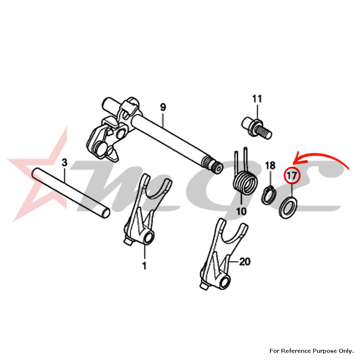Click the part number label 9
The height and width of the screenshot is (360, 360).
163,107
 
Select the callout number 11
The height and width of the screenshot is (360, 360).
257,99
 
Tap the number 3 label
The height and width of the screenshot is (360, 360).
64,163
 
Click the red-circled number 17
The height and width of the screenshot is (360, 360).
292,176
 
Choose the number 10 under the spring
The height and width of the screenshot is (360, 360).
241,211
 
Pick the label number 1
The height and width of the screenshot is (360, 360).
144,266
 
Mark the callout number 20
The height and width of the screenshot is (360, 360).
244,262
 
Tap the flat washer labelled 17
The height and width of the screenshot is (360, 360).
289,207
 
